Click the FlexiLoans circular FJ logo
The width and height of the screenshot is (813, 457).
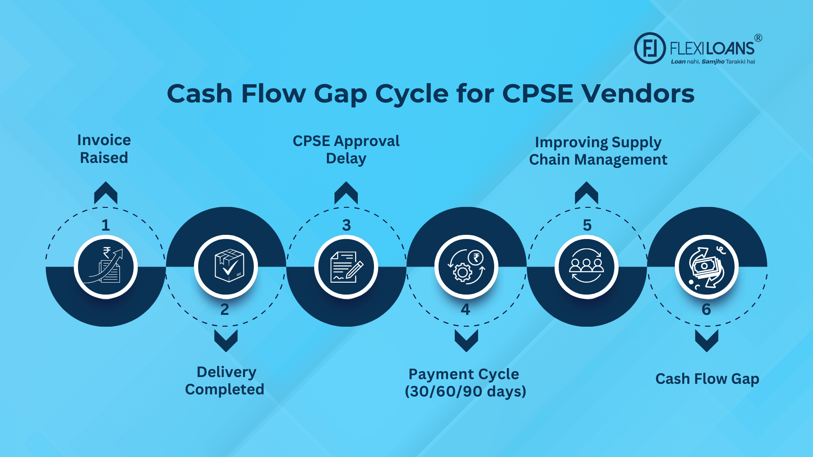[650, 48]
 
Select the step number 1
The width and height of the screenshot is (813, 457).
[105, 225]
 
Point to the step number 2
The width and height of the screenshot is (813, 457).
[225, 309]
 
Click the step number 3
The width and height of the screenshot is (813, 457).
[346, 225]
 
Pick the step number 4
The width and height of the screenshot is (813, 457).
[465, 309]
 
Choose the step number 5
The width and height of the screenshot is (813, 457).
[587, 225]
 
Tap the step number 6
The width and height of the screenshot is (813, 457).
[706, 309]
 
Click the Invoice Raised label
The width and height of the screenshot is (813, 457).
[104, 149]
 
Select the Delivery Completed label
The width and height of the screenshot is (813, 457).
[225, 380]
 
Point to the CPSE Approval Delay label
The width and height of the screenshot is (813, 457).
[346, 150]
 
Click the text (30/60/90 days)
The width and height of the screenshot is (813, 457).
[465, 391]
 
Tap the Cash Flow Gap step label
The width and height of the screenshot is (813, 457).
[707, 379]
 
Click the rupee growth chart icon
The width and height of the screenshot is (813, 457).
[106, 267]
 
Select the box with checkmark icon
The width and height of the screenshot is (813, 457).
[226, 267]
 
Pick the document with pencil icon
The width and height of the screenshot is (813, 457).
[346, 267]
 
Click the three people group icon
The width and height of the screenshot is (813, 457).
[586, 267]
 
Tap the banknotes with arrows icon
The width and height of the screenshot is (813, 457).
[706, 267]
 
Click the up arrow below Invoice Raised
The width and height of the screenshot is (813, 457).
[105, 193]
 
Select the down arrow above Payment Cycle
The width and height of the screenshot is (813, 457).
[466, 341]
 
